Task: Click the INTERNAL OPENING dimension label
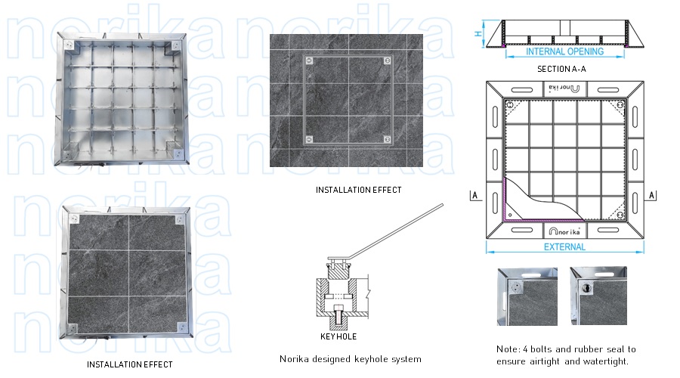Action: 564,52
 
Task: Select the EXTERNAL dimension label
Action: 564,247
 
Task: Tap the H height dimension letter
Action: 478,33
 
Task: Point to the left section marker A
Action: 474,195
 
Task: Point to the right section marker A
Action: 654,195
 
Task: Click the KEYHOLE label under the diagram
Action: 338,336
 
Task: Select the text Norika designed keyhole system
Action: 351,359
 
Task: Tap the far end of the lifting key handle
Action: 440,206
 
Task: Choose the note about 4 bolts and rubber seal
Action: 567,355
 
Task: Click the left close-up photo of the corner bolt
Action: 527,296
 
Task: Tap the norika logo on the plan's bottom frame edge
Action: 564,229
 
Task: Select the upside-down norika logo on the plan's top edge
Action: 564,88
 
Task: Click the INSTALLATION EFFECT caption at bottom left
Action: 129,364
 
